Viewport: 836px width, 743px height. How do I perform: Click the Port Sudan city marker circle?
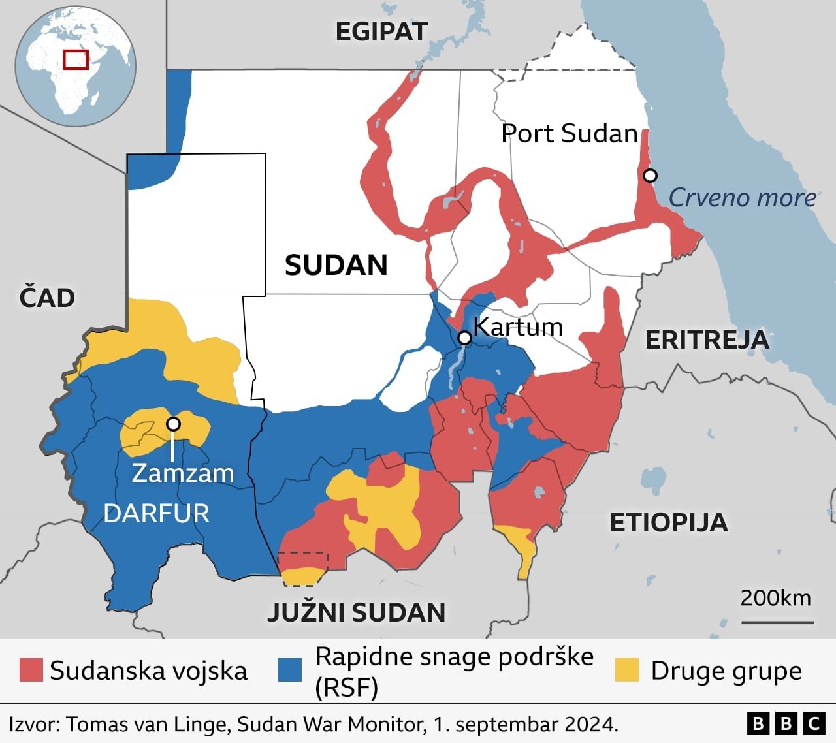pos(650,175)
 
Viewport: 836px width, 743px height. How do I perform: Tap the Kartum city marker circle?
pos(464,338)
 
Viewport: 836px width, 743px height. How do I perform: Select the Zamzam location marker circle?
pos(173,424)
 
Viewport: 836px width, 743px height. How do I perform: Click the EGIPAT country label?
pos(381,31)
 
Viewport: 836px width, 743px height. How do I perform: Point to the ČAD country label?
pos(47,298)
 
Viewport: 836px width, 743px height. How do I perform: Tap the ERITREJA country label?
pos(707,340)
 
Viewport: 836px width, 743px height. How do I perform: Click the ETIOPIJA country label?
pos(668,522)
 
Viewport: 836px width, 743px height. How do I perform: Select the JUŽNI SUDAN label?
pos(357,612)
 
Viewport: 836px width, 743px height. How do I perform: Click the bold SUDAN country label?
pos(336,265)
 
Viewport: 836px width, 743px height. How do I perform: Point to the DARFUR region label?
pos(157,514)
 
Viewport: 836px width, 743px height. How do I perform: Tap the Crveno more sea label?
pos(742,197)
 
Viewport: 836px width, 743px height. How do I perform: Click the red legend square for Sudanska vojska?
pos(31,670)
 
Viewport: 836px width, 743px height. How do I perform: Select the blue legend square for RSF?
pos(290,670)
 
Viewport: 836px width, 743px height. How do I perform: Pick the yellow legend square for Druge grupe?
pos(627,670)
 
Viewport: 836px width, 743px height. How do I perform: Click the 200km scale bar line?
pos(777,622)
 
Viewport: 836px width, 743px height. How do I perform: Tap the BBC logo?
pos(786,723)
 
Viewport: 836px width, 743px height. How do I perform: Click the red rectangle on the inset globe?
pos(76,59)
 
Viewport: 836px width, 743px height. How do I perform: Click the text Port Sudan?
pos(569,133)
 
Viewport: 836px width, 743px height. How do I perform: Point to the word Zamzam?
pos(183,473)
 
